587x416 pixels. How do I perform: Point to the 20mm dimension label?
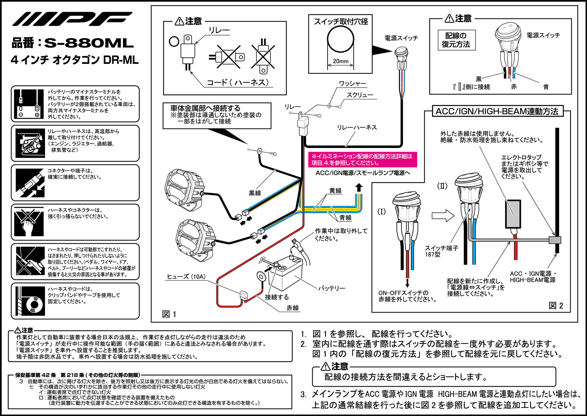coord(340,61)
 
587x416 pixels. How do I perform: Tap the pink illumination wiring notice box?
coord(362,160)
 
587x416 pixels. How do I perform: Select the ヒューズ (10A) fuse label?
coord(186,277)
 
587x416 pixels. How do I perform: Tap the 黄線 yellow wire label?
coord(335,191)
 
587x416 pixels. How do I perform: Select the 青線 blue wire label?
coord(345,218)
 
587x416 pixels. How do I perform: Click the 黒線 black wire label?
coord(255,193)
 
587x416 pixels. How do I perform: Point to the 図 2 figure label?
coord(556,306)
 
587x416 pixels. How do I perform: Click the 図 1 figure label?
coord(169,314)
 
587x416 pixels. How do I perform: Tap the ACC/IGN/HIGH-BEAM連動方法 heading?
coord(497,111)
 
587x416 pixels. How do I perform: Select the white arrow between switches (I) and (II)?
coord(443,215)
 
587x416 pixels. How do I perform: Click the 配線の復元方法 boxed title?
coord(456,40)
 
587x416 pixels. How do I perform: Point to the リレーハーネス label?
coord(357,127)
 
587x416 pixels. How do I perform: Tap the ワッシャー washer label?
coord(353,83)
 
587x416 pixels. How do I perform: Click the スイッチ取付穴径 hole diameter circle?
coord(340,40)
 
